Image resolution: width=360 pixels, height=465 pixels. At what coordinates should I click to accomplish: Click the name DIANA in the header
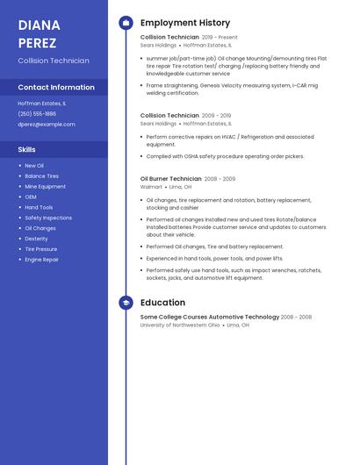pos(40,25)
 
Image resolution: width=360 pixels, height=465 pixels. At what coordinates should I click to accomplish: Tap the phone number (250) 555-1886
pos(37,113)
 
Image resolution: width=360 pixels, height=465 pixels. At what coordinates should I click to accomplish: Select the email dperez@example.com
pos(47,124)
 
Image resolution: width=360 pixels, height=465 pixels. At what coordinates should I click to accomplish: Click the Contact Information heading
pos(56,87)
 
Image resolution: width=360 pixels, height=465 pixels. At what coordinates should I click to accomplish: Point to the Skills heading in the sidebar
pos(26,149)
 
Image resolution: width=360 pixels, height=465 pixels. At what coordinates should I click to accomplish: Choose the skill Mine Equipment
pos(45,186)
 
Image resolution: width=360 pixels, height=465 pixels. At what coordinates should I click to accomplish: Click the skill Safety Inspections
pos(48,218)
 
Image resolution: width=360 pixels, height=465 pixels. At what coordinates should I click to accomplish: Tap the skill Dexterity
pos(36,239)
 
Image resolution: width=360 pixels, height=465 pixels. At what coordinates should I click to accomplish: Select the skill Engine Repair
pos(41,260)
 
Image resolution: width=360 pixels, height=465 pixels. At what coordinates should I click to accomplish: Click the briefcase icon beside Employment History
pos(126,23)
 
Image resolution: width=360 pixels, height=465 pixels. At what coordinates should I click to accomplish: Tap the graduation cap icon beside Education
pos(126,303)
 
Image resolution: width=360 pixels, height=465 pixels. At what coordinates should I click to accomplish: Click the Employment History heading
pos(185,23)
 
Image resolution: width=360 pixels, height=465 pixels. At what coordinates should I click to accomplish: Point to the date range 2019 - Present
pos(220,38)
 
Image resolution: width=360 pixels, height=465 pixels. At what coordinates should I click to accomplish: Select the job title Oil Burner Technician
pos(170,178)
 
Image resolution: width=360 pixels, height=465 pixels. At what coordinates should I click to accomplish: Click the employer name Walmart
pos(151,187)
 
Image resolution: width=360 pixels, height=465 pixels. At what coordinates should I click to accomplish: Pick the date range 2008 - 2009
pos(220,178)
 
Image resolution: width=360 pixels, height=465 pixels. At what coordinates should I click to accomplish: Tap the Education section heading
pos(162,303)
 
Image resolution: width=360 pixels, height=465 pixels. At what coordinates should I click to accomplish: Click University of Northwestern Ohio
pos(180,325)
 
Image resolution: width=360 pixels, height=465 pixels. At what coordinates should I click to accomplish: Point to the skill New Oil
pos(33,165)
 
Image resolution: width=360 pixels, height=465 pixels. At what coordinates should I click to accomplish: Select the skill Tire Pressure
pos(40,249)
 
